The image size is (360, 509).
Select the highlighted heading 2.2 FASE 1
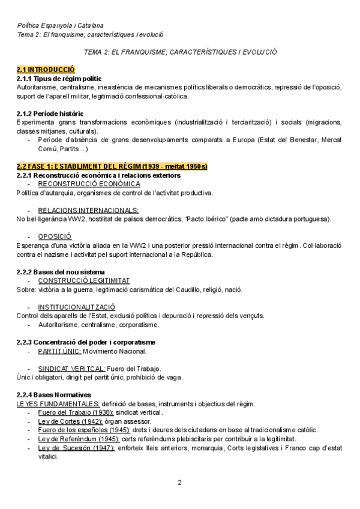point(112,166)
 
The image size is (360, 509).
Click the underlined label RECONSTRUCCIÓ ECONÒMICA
point(89,184)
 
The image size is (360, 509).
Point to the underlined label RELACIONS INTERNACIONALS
point(88,210)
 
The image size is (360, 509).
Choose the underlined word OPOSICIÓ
point(55,236)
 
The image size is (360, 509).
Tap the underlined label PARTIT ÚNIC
point(59,351)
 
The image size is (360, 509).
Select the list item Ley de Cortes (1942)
point(66,421)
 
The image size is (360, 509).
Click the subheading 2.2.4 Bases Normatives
point(54,395)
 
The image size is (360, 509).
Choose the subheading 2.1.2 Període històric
point(50,113)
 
